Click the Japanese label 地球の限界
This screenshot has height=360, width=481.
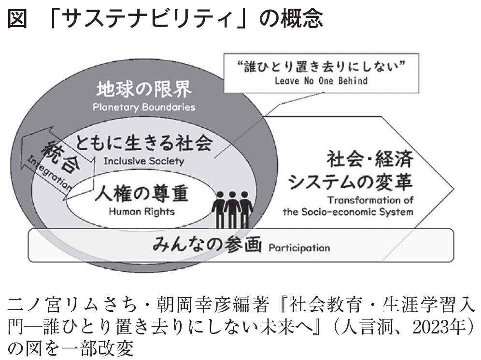(144, 89)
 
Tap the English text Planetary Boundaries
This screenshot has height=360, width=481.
(144, 107)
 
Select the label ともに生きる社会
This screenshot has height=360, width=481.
(144, 143)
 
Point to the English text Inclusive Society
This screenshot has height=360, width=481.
(144, 161)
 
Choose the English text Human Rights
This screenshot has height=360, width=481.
(141, 211)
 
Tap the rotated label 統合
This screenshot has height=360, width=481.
(60, 156)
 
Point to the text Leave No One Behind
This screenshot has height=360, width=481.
(321, 81)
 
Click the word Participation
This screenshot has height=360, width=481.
(299, 248)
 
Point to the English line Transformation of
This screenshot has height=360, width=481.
(370, 200)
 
